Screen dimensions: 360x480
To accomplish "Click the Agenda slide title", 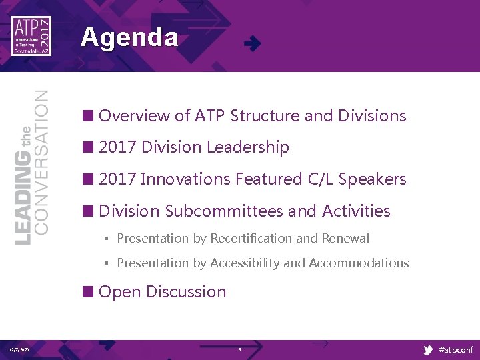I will [129, 37].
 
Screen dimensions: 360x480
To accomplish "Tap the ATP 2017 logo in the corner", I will [31, 36].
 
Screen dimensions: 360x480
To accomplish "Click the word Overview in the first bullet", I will [134, 116].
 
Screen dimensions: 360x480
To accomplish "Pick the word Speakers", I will [372, 179].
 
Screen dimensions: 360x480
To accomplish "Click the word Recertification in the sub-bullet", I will [251, 239].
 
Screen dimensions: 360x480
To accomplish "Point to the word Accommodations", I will [359, 263].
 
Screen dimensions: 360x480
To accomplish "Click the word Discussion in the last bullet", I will [186, 292].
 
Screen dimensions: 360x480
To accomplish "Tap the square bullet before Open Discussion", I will [87, 292].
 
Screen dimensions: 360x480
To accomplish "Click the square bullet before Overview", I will [87, 116].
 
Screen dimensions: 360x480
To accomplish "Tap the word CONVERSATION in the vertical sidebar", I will [41, 162].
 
